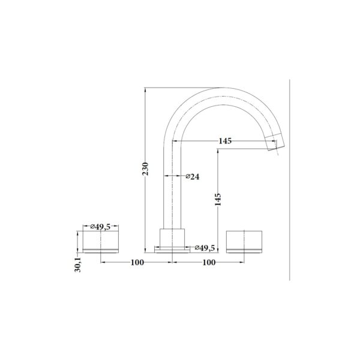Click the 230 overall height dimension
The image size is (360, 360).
[x=146, y=169]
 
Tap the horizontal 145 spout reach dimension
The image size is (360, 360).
[x=225, y=141]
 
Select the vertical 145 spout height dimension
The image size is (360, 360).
[x=218, y=200]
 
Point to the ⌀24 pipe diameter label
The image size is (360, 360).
[x=193, y=176]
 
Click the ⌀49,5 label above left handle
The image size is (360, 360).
[x=101, y=227]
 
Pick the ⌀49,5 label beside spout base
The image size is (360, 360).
[x=205, y=248]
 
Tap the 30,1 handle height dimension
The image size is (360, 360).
[x=78, y=265]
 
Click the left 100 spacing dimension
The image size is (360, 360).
[x=137, y=262]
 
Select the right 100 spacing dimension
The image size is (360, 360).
[x=209, y=262]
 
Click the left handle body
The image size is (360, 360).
[x=101, y=240]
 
